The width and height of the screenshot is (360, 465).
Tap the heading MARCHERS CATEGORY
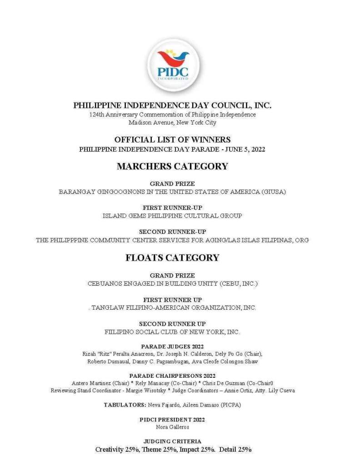pos(172,166)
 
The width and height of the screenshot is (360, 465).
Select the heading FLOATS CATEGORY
pos(172,258)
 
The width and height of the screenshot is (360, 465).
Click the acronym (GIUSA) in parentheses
pos(273,192)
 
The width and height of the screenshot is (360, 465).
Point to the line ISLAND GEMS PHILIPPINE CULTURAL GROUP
pos(172,216)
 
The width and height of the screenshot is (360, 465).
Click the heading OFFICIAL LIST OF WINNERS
pos(172,140)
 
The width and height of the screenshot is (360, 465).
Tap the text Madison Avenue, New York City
pos(172,123)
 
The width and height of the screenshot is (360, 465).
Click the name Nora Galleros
pos(172,427)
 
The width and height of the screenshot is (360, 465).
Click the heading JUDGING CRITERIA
pos(172,441)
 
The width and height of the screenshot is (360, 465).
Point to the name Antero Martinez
pos(89,383)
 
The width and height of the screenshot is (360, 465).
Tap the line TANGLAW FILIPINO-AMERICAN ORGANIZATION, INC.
pos(174,308)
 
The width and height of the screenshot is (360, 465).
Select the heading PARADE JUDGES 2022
pos(172,346)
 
